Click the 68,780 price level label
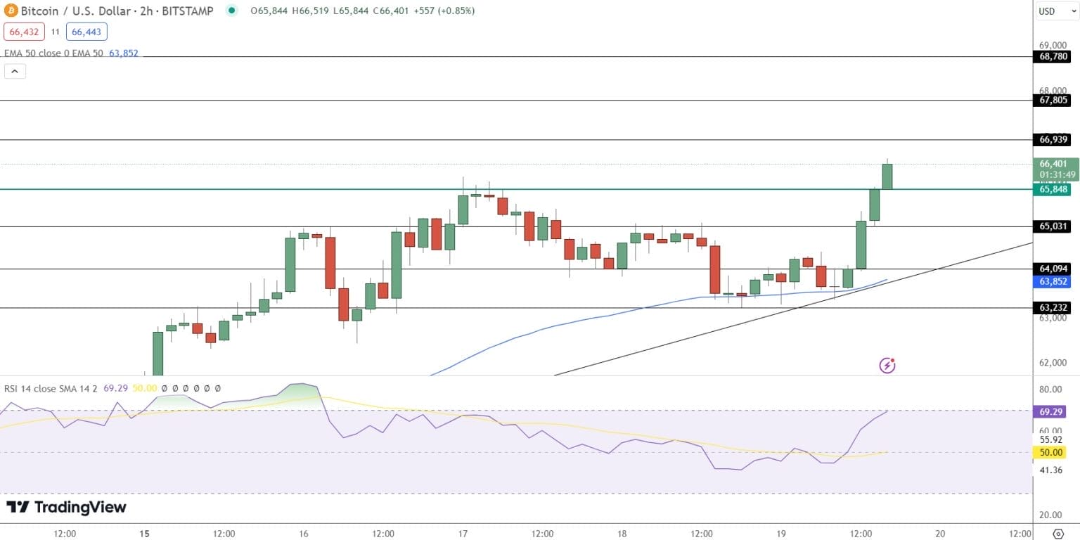(x=1050, y=57)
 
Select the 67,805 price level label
(x=1050, y=101)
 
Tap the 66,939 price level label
(x=1050, y=140)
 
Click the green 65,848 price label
(x=1050, y=189)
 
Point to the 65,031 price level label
(x=1050, y=226)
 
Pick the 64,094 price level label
(x=1050, y=269)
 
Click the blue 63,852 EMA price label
(x=1050, y=282)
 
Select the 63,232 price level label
(x=1050, y=307)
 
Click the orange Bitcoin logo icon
(x=11, y=11)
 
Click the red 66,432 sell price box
(x=25, y=32)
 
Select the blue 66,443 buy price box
(x=86, y=32)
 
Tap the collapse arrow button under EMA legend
(x=15, y=71)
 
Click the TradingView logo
(x=67, y=507)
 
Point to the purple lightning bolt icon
(x=887, y=365)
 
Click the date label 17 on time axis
(x=463, y=534)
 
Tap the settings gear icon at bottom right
(x=1057, y=534)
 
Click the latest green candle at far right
(x=887, y=176)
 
